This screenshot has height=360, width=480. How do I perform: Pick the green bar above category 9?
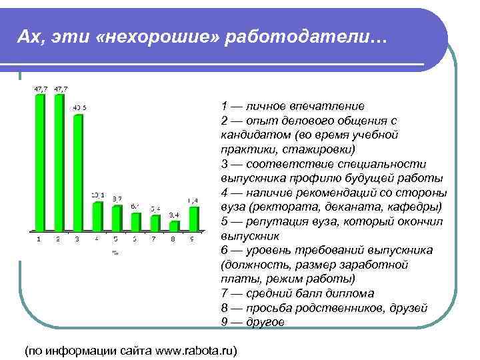tap(193, 218)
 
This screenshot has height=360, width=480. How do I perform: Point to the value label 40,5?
tap(79, 107)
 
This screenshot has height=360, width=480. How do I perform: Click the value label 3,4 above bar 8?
tap(174, 215)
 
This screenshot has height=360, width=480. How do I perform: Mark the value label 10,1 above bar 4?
tap(97, 195)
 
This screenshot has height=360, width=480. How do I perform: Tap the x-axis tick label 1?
tap(39, 238)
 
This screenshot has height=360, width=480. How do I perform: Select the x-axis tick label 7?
tap(154, 238)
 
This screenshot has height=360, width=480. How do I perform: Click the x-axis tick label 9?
tap(193, 238)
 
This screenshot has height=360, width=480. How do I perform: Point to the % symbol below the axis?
tap(115, 253)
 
